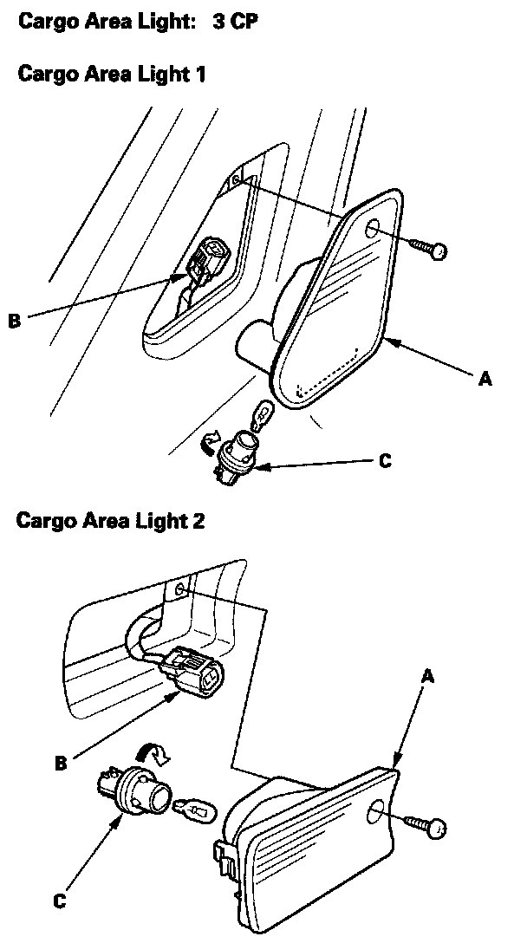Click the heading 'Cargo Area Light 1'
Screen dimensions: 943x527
tap(112, 75)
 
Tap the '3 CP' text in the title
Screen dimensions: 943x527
tap(235, 21)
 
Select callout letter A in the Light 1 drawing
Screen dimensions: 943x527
tap(485, 379)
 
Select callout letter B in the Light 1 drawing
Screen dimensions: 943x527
tap(14, 321)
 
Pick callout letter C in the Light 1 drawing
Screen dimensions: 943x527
tap(386, 461)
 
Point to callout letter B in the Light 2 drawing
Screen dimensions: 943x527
tap(61, 764)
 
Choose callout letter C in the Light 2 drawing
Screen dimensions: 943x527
tap(59, 901)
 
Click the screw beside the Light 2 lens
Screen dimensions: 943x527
tap(426, 824)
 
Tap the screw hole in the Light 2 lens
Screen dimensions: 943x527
tap(379, 814)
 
